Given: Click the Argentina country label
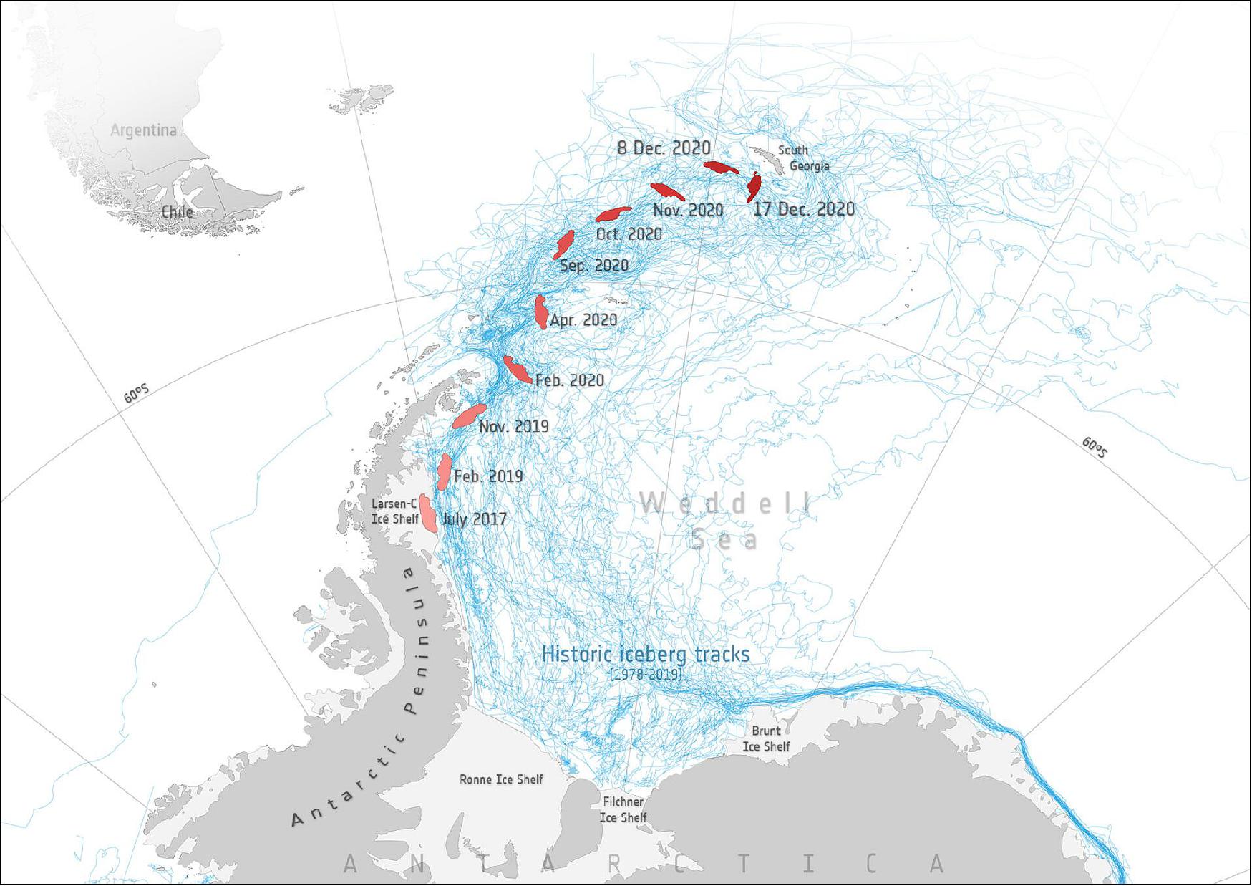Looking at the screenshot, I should coord(143,130).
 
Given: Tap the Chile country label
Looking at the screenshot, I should coord(177,211).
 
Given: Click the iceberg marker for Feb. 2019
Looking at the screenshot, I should coord(445,471).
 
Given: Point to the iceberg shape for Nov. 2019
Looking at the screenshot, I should coord(469,416).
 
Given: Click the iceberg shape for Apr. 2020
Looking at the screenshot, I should coord(542,312).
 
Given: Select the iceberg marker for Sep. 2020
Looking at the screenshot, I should coord(564,244).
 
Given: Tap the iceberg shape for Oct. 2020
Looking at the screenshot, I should coord(613,213).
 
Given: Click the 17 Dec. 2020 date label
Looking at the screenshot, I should coord(803,209).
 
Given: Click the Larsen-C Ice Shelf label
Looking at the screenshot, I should coord(394,511).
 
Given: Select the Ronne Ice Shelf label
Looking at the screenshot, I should coord(501,779).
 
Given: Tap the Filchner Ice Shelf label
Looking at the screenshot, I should coord(623,810).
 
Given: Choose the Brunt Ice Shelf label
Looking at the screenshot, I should coord(766,738).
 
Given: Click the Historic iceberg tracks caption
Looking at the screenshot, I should coord(646,654).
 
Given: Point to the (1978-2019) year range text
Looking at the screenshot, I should coord(646,675).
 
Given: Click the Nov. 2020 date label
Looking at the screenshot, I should coord(688,211).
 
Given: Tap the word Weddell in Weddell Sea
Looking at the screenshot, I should coord(725,504).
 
